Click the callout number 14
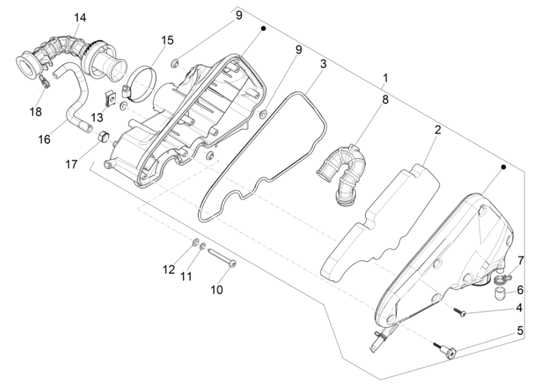80,17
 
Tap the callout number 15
167,40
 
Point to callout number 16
44,139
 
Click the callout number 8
385,100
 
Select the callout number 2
437,130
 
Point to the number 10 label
216,289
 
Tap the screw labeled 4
461,312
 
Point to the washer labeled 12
194,242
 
